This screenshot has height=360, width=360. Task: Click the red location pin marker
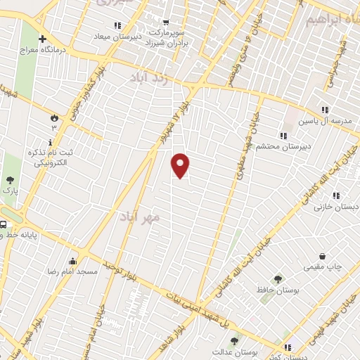181,165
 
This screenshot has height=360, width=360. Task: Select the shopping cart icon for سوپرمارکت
165,22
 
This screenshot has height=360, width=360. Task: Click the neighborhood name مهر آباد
140,216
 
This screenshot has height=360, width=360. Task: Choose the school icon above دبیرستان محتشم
283,136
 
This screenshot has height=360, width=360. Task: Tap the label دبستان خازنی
337,207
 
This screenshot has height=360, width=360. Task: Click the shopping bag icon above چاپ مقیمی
322,256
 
